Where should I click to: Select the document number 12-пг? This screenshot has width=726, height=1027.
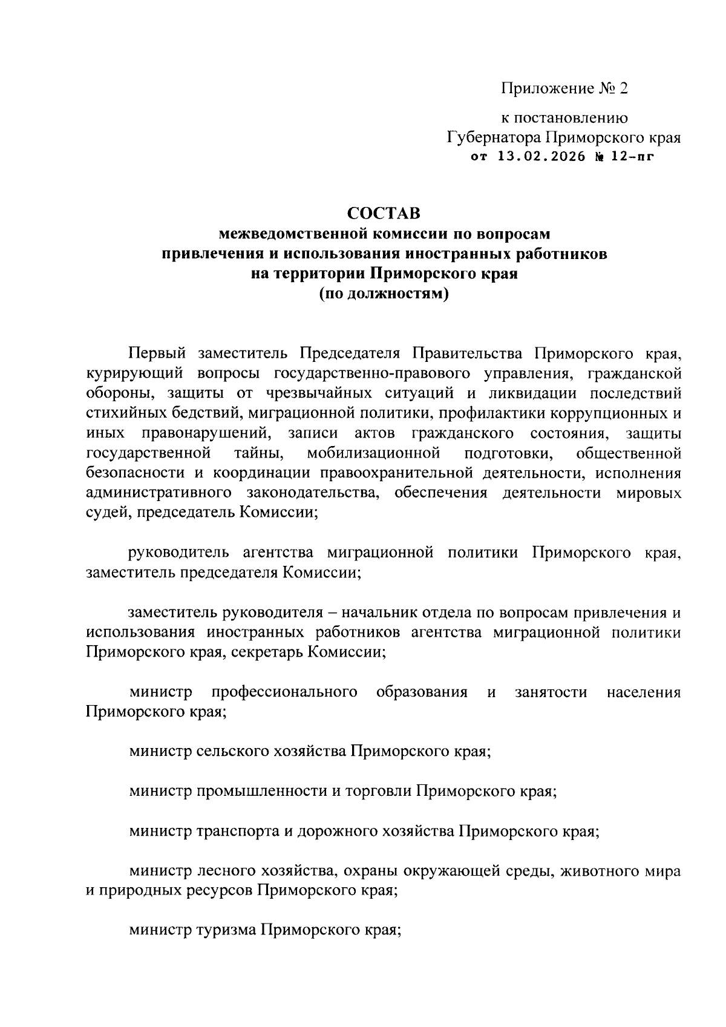tap(632, 157)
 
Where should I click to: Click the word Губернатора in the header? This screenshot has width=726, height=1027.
tap(494, 137)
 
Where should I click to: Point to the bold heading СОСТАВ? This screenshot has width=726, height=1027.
tap(384, 214)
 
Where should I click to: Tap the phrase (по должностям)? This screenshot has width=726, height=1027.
tap(384, 294)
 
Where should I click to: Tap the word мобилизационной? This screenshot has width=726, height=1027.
tap(373, 453)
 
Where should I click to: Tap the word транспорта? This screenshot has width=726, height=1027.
tap(237, 832)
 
